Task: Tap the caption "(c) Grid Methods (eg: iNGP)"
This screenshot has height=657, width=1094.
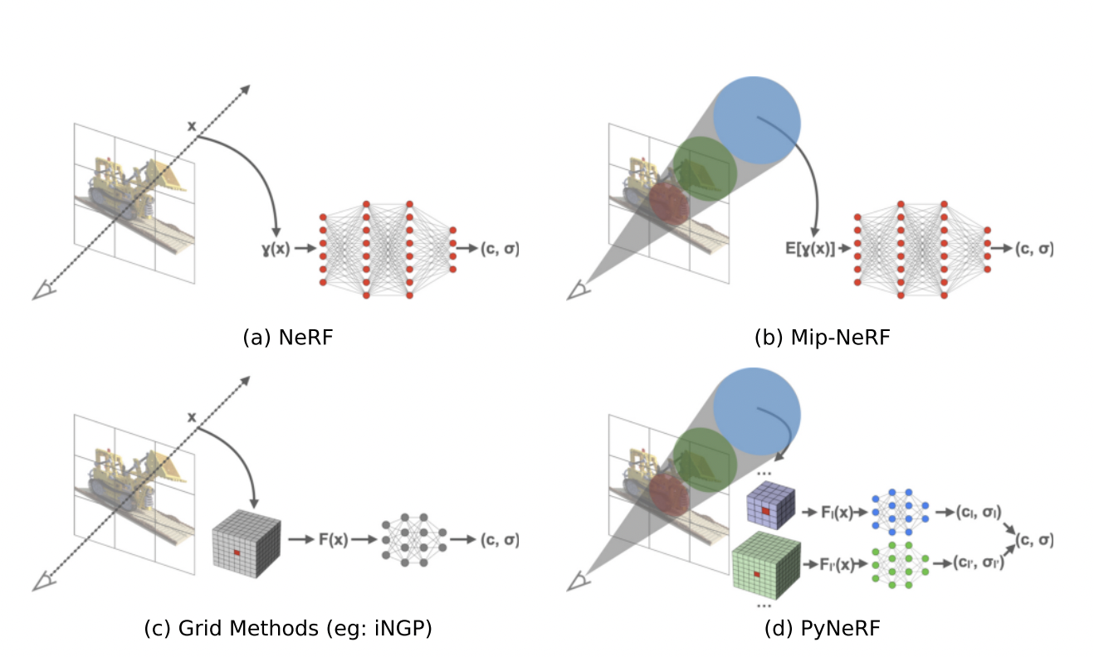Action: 288,629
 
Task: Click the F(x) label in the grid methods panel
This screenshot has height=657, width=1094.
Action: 332,539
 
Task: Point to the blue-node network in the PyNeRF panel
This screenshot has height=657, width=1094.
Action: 899,512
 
